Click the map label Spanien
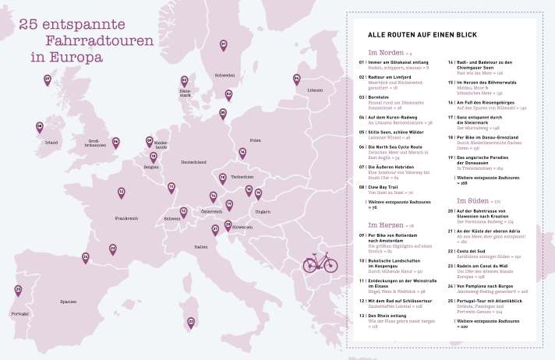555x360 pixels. [x=69, y=301]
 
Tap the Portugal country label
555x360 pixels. [x=19, y=313]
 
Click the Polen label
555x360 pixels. [x=255, y=140]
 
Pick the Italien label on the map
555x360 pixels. [x=201, y=247]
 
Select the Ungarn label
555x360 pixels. [x=262, y=211]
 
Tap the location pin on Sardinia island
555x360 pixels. [x=190, y=321]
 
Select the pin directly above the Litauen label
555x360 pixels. [x=296, y=79]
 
